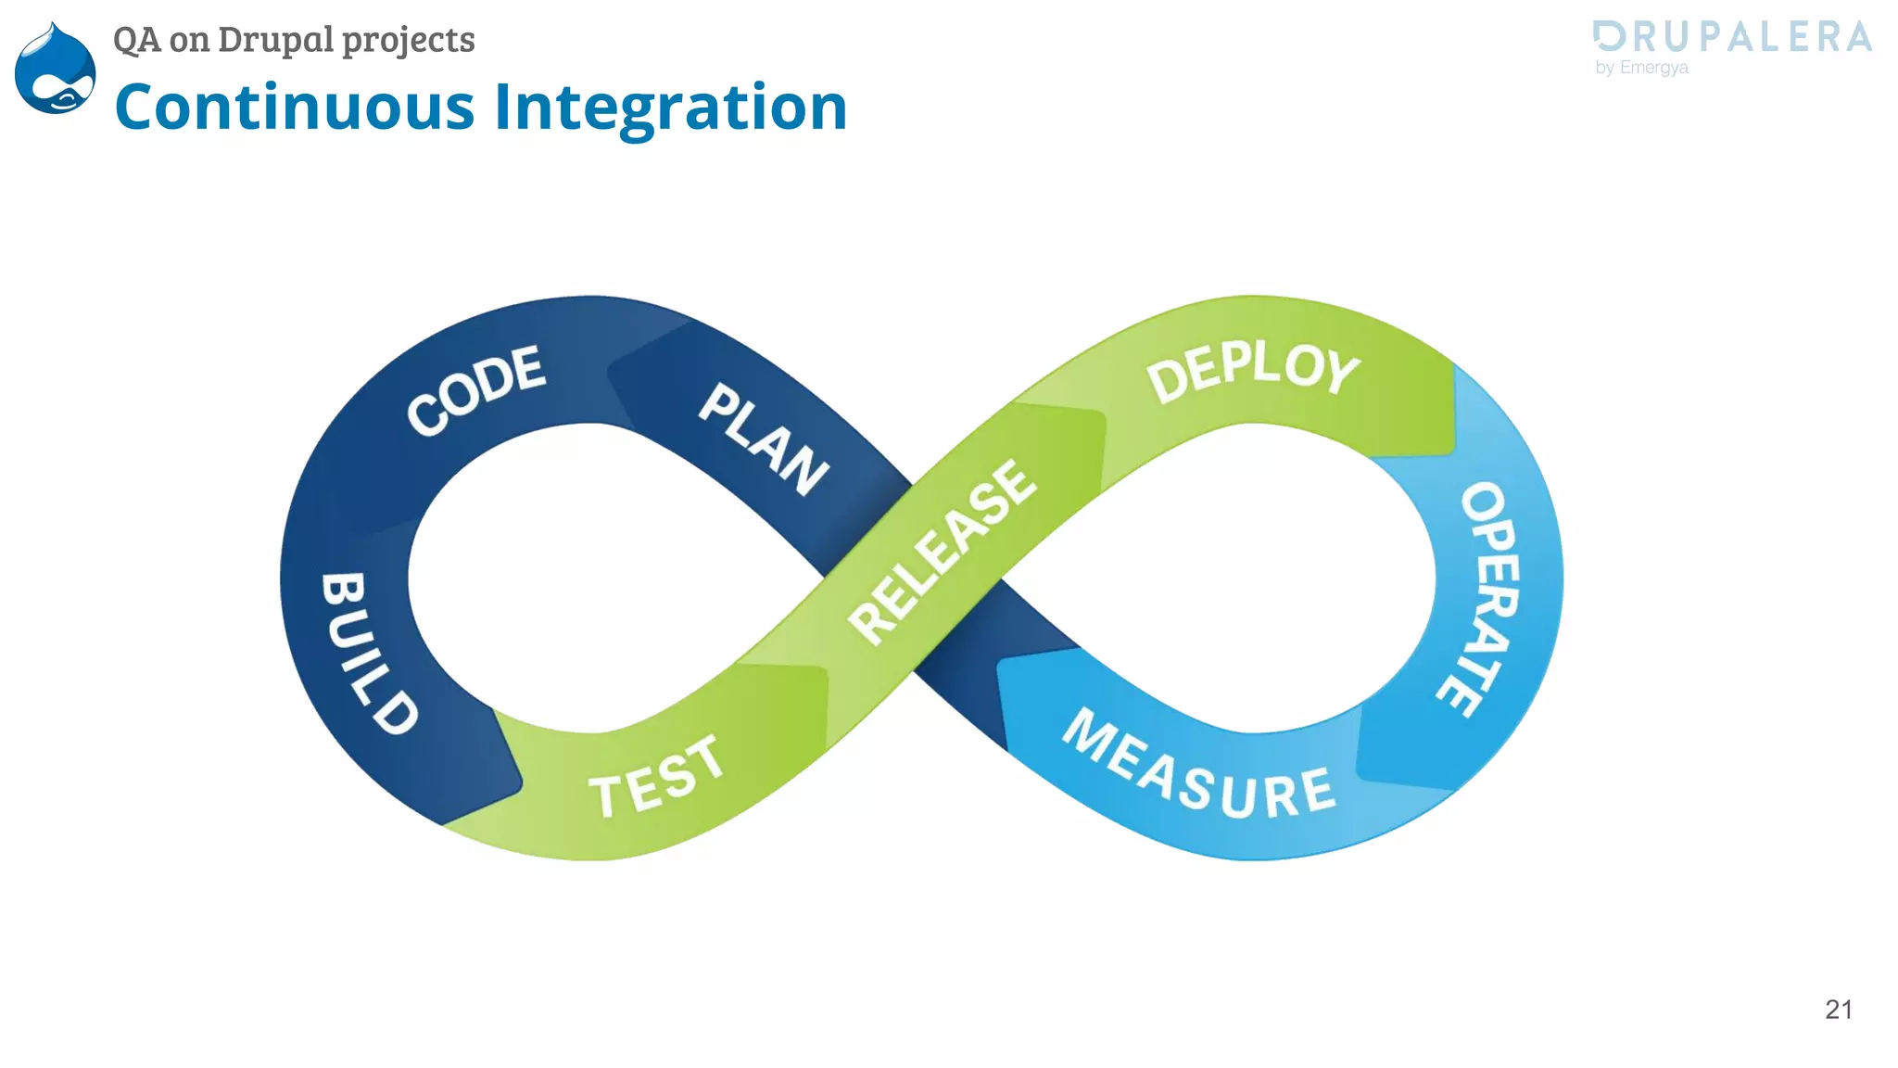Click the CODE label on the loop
476,389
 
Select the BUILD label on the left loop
368,653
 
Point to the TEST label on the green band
656,777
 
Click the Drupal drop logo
56,70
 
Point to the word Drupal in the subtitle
275,40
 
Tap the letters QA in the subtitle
136,40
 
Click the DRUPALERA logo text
1733,37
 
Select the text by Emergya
1641,68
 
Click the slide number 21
1839,1010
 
